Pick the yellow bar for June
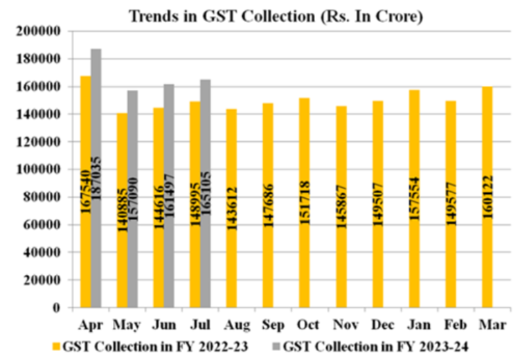click(159, 207)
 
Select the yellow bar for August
click(231, 208)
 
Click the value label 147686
click(268, 205)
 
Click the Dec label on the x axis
click(378, 324)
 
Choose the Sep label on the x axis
click(268, 324)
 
